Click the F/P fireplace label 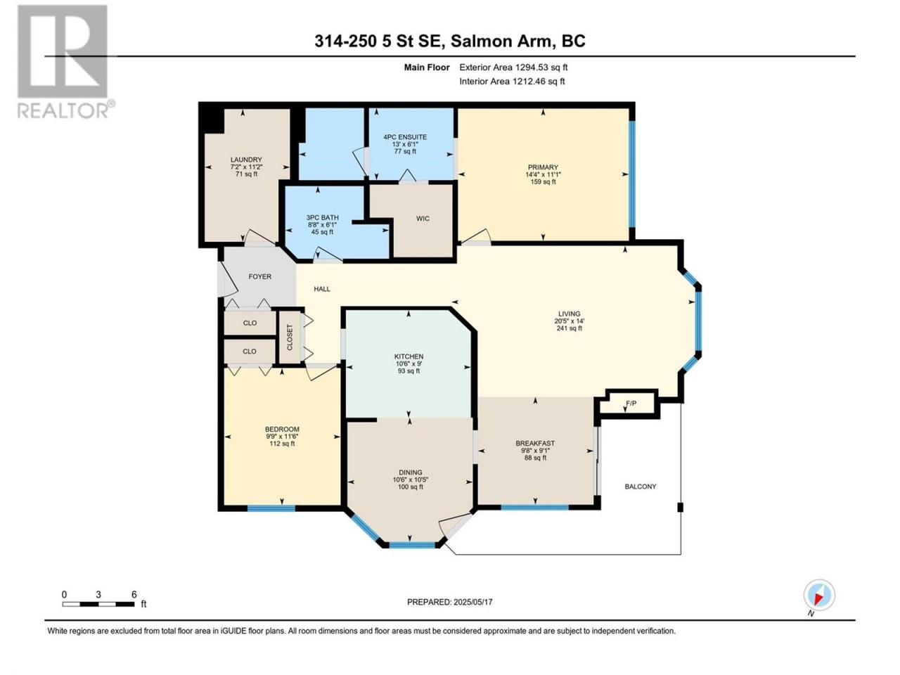pos(631,404)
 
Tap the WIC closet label pos(423,219)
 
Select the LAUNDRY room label pos(246,160)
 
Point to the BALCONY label pos(641,487)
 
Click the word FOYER pos(260,276)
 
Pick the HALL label pos(322,289)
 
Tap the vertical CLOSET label pos(290,337)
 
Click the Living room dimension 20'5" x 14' pos(569,321)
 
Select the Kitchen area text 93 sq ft pos(409,371)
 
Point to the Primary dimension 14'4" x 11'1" pos(543,174)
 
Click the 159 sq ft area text pos(543,181)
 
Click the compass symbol pos(819,595)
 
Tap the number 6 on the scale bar pos(134,594)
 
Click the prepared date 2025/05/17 pos(472,602)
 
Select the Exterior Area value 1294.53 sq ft pos(541,67)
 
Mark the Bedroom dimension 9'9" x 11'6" pos(282,437)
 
